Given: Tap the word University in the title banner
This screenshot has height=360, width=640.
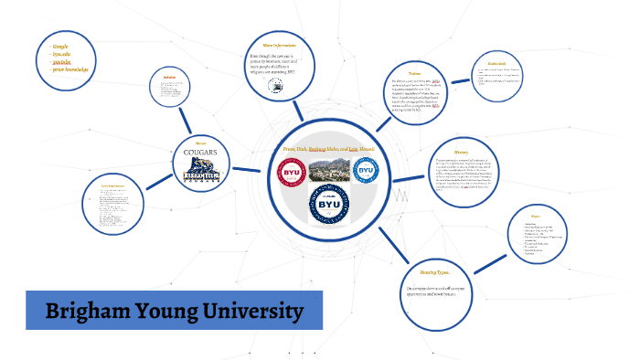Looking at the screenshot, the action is click(249, 312).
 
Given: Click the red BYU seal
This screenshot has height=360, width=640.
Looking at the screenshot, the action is click(291, 171).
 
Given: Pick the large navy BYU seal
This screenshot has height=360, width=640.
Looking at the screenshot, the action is click(327, 206).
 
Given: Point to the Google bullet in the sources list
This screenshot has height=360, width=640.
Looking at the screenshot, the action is click(60, 45).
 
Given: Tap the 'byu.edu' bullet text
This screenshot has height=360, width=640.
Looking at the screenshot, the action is click(64, 53).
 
